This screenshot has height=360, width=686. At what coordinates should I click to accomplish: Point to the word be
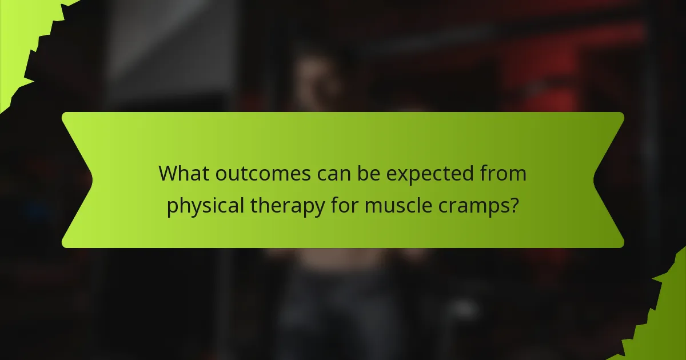tap(366, 173)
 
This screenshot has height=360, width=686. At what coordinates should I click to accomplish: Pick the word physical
tap(203, 205)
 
